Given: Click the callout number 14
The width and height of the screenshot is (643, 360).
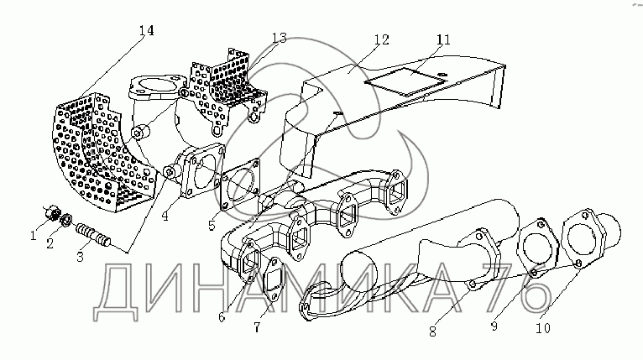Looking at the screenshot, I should click(146, 31).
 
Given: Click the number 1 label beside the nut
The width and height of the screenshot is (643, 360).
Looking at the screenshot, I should click(34, 237).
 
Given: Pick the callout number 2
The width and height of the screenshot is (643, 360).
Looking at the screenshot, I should click(50, 244).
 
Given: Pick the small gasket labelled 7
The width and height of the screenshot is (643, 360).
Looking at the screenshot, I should click(274, 281).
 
